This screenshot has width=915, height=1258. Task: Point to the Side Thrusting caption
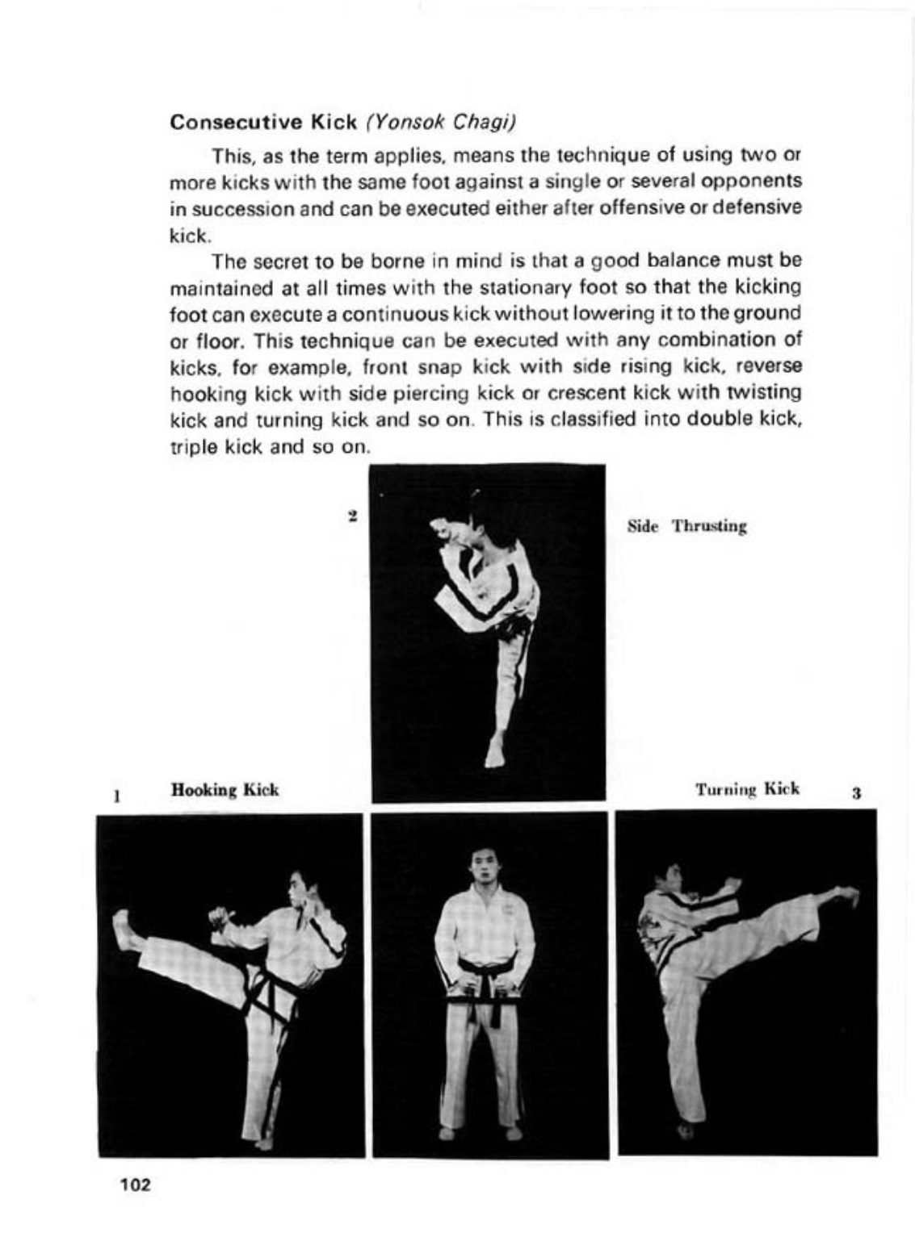(687, 527)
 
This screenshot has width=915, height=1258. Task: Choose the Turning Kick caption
(747, 788)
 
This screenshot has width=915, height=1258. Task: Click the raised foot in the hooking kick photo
(124, 930)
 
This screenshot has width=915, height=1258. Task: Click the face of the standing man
(483, 865)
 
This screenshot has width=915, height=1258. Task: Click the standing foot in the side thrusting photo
(493, 754)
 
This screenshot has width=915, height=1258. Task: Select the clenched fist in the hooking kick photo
(218, 917)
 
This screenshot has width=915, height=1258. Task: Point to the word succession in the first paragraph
(242, 207)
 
